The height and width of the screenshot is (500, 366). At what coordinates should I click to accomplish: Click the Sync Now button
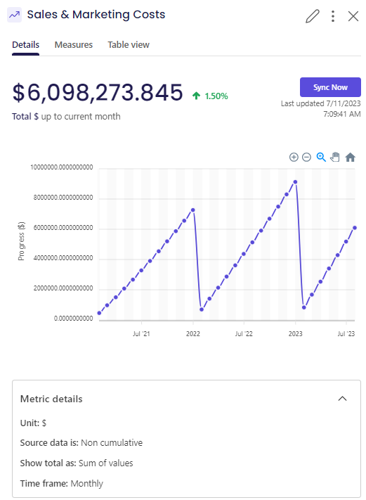(330, 87)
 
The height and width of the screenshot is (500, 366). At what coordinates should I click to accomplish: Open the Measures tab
(74, 44)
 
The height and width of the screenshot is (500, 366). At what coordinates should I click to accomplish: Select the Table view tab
(129, 44)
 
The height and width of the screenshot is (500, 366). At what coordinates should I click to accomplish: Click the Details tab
(25, 44)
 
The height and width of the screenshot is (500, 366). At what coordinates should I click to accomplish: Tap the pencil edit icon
(312, 16)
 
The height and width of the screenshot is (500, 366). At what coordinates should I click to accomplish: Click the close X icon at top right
(353, 16)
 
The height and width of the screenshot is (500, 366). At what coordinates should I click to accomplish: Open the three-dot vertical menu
(333, 16)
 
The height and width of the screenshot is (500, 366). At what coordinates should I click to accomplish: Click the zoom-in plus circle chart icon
(294, 158)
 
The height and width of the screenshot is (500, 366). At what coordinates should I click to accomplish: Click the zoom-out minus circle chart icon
(306, 158)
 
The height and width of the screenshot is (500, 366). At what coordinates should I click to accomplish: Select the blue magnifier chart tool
(321, 158)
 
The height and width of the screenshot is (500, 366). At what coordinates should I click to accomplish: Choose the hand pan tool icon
(335, 158)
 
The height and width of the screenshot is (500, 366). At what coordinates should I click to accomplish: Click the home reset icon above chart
(350, 158)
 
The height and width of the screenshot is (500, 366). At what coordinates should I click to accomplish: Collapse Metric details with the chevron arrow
(342, 399)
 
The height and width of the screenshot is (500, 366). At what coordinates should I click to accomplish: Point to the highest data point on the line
(295, 182)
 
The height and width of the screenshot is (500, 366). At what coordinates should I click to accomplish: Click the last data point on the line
(355, 228)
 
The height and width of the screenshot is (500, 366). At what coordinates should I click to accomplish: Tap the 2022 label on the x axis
(193, 334)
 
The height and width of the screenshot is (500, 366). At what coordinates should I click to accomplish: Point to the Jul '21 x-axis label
(141, 334)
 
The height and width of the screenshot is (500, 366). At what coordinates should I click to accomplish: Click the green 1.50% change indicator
(211, 96)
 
